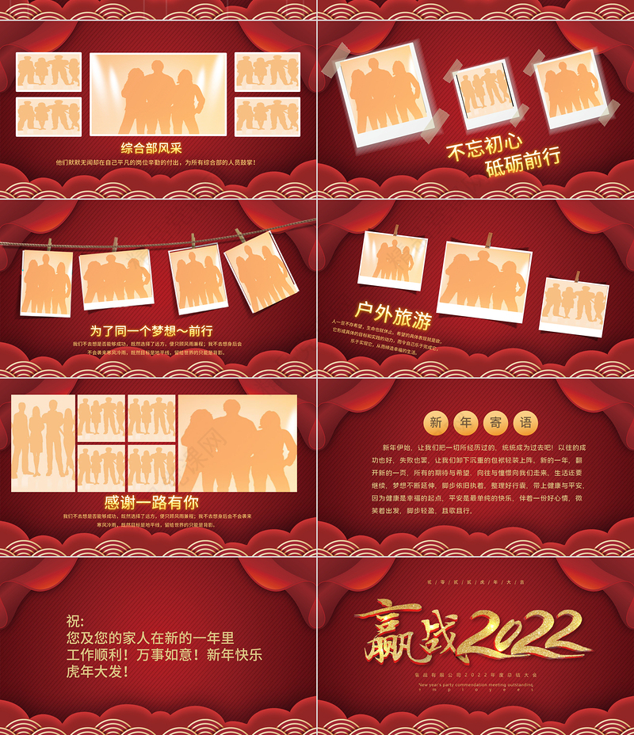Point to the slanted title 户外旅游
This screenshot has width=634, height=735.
pyautogui.click(x=393, y=314)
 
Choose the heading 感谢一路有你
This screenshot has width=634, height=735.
pyautogui.click(x=151, y=502)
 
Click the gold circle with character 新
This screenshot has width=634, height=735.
pyautogui.click(x=436, y=422)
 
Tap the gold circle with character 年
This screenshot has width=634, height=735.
pyautogui.click(x=466, y=422)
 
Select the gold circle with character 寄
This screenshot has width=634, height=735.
pyautogui.click(x=495, y=422)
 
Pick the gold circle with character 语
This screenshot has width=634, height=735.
pyautogui.click(x=525, y=422)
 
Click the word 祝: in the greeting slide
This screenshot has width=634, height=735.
pyautogui.click(x=75, y=621)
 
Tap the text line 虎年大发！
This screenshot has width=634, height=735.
pyautogui.click(x=98, y=672)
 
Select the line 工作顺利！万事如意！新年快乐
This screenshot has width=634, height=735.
pyautogui.click(x=165, y=655)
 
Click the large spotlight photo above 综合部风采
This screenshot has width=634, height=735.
pyautogui.click(x=158, y=94)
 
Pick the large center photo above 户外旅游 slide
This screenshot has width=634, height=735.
pyautogui.click(x=484, y=280)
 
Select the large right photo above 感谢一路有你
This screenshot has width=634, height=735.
pyautogui.click(x=238, y=444)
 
